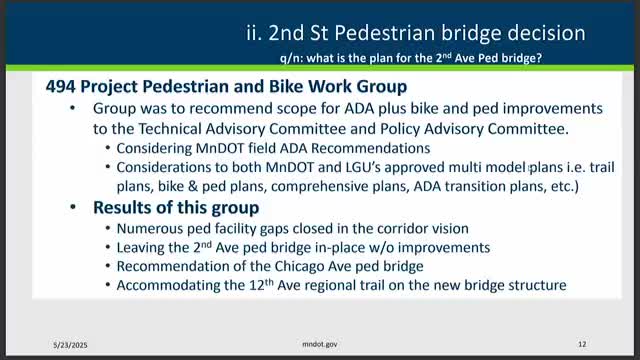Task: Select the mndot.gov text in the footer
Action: pos(320,342)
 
